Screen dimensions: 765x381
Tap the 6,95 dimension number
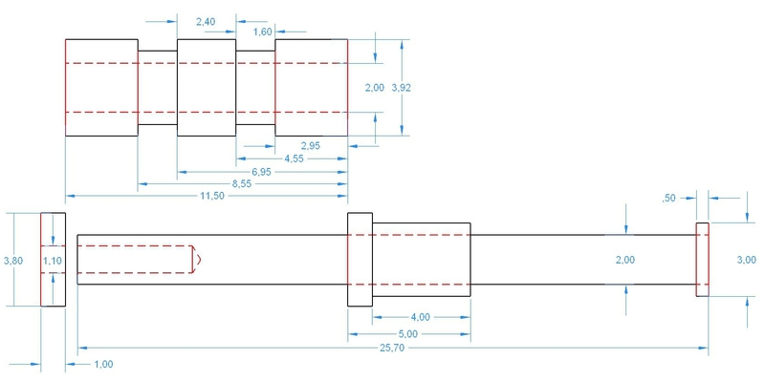[261, 172]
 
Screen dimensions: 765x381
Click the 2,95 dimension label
[311, 146]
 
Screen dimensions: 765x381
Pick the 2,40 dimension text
[206, 21]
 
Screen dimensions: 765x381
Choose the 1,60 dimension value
[262, 32]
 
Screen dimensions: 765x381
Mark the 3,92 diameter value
[402, 88]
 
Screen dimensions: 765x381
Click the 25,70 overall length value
[391, 348]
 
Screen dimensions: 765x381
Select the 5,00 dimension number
[408, 334]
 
